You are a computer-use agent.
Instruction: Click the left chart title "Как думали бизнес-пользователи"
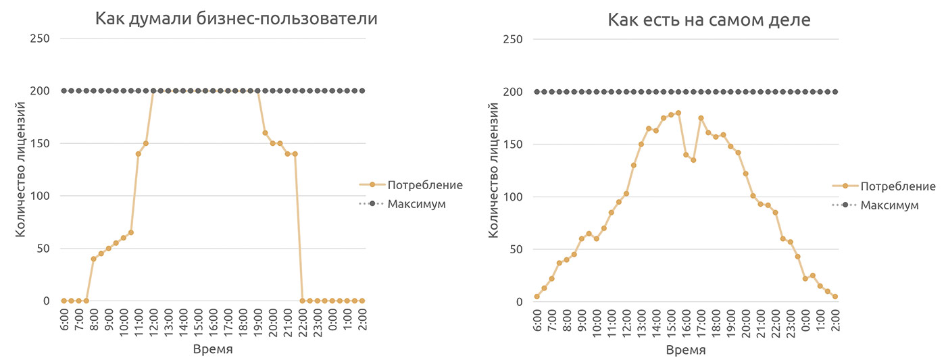point(236,19)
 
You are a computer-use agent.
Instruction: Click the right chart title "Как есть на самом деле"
point(709,20)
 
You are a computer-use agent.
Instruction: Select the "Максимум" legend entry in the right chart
point(889,205)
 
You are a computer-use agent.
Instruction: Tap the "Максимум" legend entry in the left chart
point(417,203)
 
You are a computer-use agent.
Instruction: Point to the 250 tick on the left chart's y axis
point(40,38)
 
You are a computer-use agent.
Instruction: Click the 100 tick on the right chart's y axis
point(513,197)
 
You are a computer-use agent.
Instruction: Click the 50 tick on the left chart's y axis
point(43,249)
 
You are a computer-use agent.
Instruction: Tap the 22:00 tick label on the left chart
point(301,324)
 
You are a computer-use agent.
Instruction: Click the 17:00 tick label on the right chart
point(701,324)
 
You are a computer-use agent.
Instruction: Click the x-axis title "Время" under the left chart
point(213,349)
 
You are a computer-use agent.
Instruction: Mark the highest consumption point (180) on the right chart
point(678,113)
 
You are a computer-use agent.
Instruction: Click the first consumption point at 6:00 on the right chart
point(537,297)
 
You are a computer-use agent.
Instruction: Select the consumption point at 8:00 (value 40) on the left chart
point(93,259)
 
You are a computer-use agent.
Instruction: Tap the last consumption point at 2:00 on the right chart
point(835,297)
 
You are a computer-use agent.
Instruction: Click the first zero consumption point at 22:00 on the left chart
point(301,301)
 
